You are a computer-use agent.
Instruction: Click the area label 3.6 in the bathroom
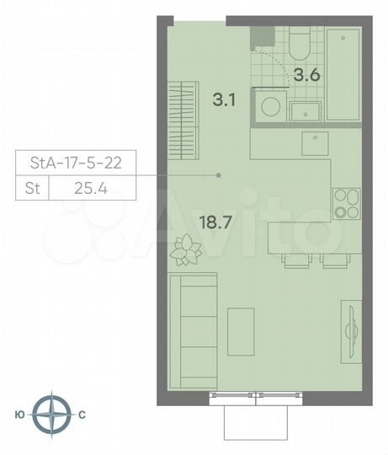pos(306,73)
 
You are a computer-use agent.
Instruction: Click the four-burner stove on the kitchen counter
pos(344,202)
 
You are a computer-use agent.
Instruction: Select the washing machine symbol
pos(271,109)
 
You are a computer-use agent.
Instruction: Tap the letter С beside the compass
pos(82,415)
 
